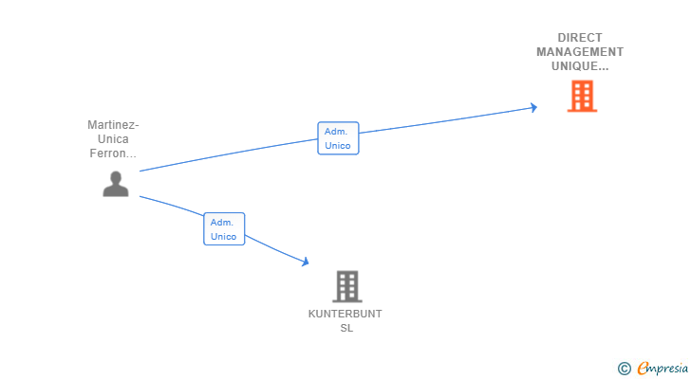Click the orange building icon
pyautogui.click(x=582, y=96)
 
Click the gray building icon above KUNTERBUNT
pyautogui.click(x=346, y=286)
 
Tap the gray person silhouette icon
pyautogui.click(x=116, y=184)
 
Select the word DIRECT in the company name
pyautogui.click(x=580, y=38)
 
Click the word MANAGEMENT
pyautogui.click(x=580, y=52)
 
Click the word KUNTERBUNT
pyautogui.click(x=345, y=314)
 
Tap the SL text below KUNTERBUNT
pyautogui.click(x=346, y=328)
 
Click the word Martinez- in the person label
pyautogui.click(x=113, y=125)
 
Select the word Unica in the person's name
pyautogui.click(x=113, y=139)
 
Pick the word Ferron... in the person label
pyautogui.click(x=113, y=153)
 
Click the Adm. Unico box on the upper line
pyautogui.click(x=338, y=138)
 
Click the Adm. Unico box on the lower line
pyautogui.click(x=224, y=229)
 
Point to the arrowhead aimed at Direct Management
pyautogui.click(x=533, y=107)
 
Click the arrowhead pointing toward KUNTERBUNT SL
pyautogui.click(x=305, y=262)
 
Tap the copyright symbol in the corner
pyautogui.click(x=624, y=369)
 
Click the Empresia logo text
pyautogui.click(x=663, y=369)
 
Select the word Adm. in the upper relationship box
pyautogui.click(x=336, y=132)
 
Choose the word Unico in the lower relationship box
pyautogui.click(x=223, y=237)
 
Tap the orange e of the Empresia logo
pyautogui.click(x=643, y=368)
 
